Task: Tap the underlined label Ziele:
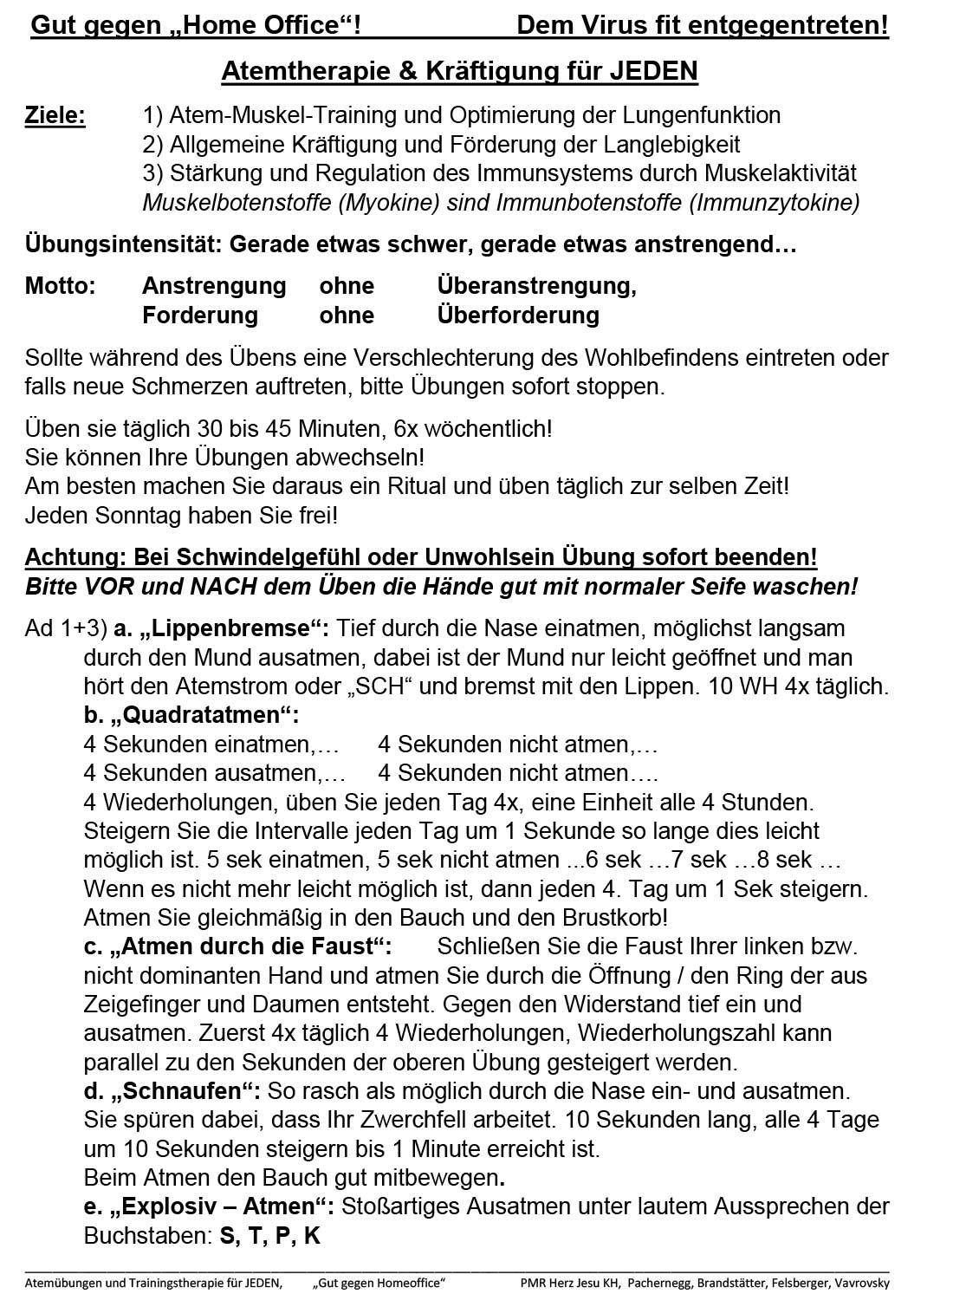point(55,115)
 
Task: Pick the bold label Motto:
point(60,286)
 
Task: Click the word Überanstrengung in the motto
point(536,286)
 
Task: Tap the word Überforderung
point(518,315)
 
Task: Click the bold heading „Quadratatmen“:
point(191,716)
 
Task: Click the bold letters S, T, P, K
point(271,1236)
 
